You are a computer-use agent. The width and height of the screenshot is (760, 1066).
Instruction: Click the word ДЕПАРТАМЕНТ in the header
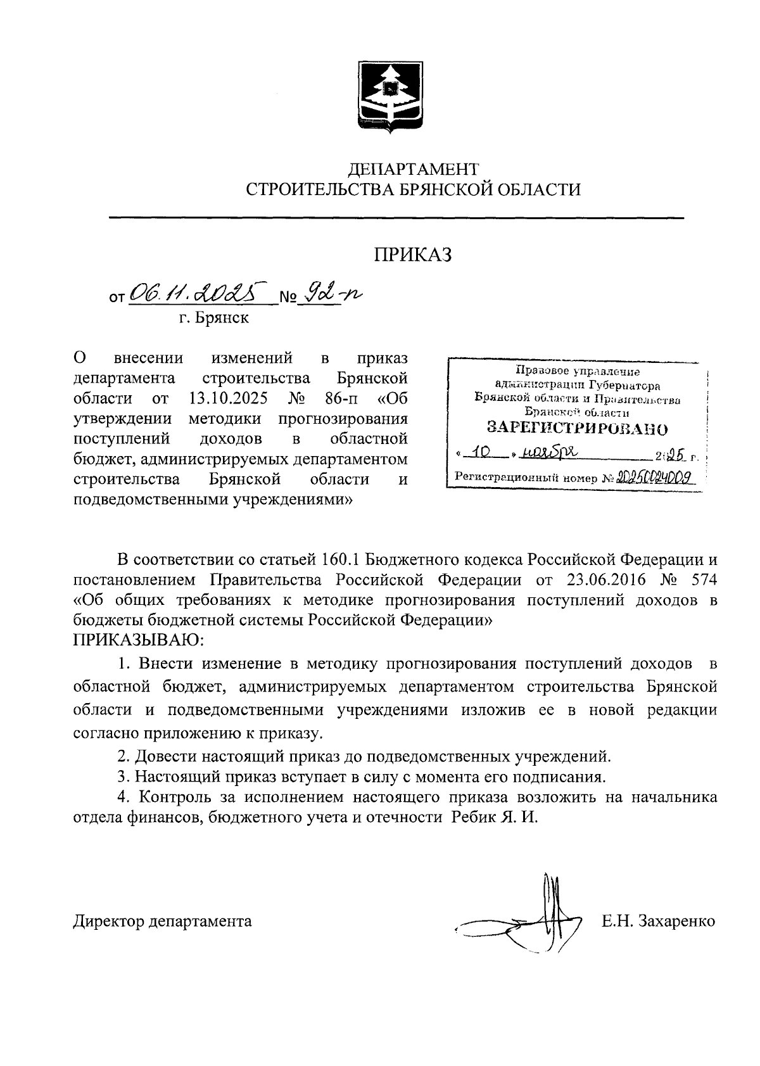[x=414, y=168]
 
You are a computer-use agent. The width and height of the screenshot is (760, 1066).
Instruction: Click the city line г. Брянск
[x=213, y=317]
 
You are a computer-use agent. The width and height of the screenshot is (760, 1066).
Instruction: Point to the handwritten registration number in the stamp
[x=654, y=477]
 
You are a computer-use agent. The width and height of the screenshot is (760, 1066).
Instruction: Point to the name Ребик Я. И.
[x=494, y=817]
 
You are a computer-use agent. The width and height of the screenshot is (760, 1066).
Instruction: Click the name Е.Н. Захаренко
[x=659, y=920]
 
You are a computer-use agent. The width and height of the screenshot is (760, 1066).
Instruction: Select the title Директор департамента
[x=163, y=920]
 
